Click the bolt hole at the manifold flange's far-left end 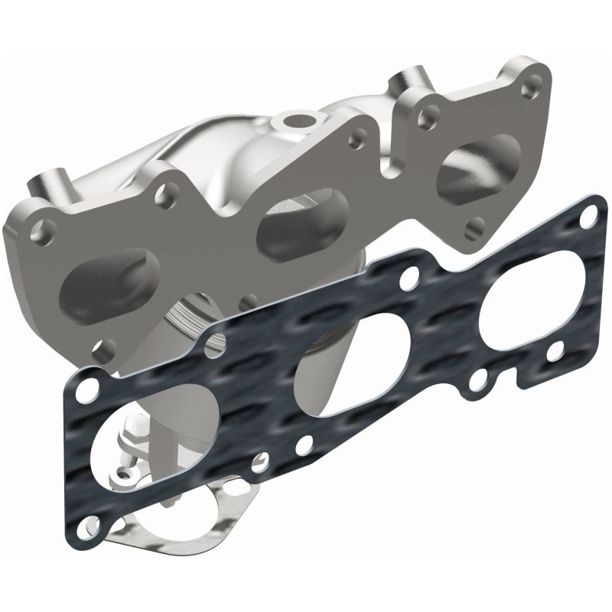click(x=44, y=228)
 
